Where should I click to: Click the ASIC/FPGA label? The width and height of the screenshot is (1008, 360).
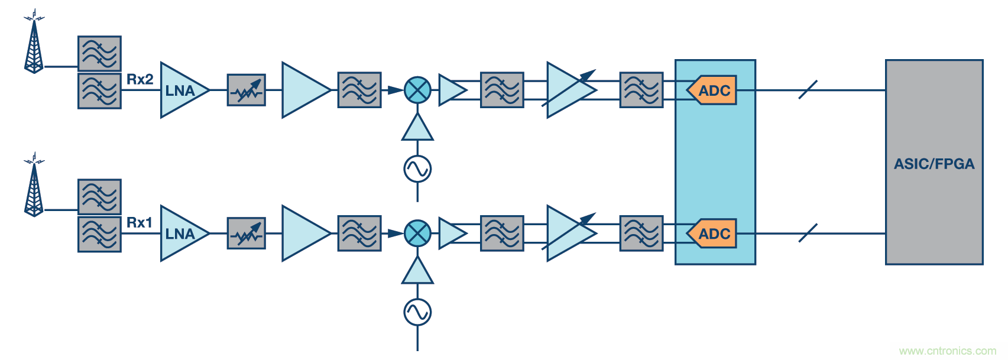pyautogui.click(x=934, y=164)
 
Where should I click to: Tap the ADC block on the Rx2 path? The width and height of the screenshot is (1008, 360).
pyautogui.click(x=712, y=90)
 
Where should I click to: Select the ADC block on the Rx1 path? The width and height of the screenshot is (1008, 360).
pyautogui.click(x=712, y=233)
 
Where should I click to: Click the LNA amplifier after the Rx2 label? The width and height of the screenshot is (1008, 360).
pyautogui.click(x=182, y=90)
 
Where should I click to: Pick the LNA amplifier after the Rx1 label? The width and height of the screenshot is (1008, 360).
pyautogui.click(x=182, y=233)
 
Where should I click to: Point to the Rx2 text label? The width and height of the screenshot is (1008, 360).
pyautogui.click(x=140, y=79)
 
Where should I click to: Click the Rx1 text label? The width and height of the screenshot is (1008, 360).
pyautogui.click(x=140, y=222)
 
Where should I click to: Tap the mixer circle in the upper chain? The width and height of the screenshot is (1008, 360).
pyautogui.click(x=417, y=90)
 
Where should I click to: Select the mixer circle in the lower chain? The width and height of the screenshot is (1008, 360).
pyautogui.click(x=417, y=233)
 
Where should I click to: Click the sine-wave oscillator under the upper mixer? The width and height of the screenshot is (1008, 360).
pyautogui.click(x=417, y=169)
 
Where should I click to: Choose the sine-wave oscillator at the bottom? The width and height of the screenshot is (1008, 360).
pyautogui.click(x=417, y=312)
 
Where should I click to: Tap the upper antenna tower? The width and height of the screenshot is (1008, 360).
pyautogui.click(x=34, y=44)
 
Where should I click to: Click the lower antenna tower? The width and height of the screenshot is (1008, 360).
pyautogui.click(x=34, y=187)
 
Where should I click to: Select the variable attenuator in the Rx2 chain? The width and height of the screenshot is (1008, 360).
pyautogui.click(x=247, y=90)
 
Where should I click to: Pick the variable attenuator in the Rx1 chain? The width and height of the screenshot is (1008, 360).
pyautogui.click(x=247, y=233)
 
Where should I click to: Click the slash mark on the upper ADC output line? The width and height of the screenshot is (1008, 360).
pyautogui.click(x=808, y=90)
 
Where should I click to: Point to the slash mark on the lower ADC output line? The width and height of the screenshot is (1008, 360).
pyautogui.click(x=808, y=233)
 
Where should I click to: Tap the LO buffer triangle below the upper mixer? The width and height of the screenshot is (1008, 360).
pyautogui.click(x=417, y=128)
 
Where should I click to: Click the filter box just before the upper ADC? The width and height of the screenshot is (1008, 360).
pyautogui.click(x=641, y=90)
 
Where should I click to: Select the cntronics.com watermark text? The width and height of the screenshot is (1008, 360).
pyautogui.click(x=947, y=351)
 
